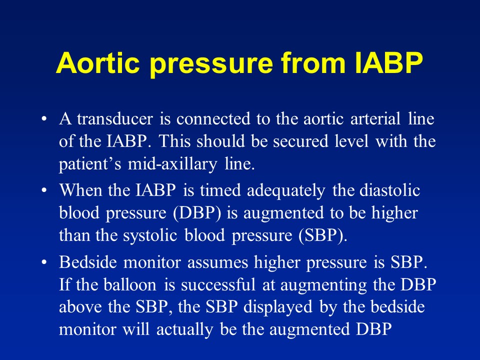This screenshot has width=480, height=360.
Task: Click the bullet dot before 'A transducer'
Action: (45, 120)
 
